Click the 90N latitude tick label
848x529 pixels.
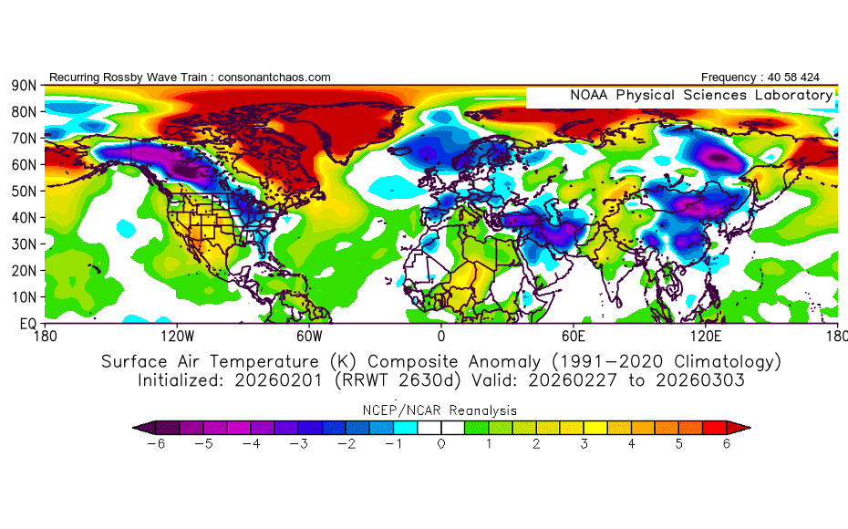(x=23, y=85)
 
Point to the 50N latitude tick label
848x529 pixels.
(x=23, y=191)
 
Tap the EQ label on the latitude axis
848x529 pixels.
(x=27, y=323)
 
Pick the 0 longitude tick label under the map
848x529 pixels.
(x=441, y=337)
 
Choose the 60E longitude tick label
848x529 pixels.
(x=574, y=337)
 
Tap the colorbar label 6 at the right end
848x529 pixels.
(x=727, y=444)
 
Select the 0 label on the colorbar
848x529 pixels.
(x=441, y=444)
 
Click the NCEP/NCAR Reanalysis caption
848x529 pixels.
(x=441, y=410)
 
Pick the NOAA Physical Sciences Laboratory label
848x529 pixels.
(x=700, y=95)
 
